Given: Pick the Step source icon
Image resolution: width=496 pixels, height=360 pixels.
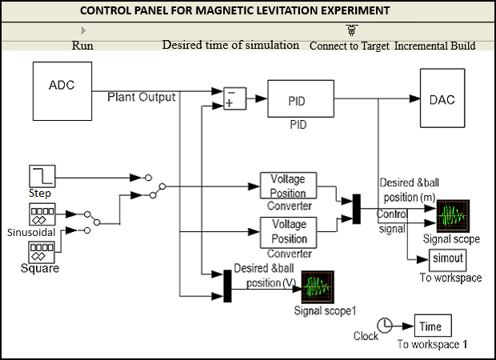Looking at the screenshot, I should pyautogui.click(x=40, y=177).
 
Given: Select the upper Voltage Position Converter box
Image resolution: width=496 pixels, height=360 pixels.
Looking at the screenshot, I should pyautogui.click(x=289, y=186).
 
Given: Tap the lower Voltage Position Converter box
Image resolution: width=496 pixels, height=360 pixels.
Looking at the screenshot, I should pyautogui.click(x=289, y=232).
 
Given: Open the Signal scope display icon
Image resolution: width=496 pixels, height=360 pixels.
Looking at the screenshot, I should pyautogui.click(x=452, y=216).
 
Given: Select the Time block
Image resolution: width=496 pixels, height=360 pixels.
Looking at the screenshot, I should pyautogui.click(x=432, y=326).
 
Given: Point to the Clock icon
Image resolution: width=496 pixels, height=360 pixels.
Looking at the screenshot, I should pyautogui.click(x=386, y=325).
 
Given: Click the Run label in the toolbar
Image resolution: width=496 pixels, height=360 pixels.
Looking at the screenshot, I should pyautogui.click(x=82, y=46).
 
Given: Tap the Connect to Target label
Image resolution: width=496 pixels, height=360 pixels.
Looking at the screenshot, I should pyautogui.click(x=349, y=46).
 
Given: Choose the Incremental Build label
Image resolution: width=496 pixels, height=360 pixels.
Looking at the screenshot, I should pyautogui.click(x=435, y=46).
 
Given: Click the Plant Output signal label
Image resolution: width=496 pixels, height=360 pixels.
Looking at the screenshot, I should pyautogui.click(x=142, y=96).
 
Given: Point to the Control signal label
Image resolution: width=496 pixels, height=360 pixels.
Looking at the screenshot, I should pyautogui.click(x=393, y=221).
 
